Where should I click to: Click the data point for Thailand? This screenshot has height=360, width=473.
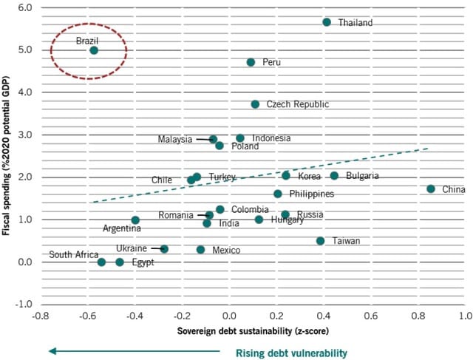[327, 22]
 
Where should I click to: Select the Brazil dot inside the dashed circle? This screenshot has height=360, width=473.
[94, 50]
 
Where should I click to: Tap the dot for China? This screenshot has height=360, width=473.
[431, 189]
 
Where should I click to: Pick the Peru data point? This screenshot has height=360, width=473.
[251, 62]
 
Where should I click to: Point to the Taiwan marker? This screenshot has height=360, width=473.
[320, 241]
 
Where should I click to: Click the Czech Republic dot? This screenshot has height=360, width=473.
[255, 104]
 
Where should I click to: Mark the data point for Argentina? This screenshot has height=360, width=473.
[135, 220]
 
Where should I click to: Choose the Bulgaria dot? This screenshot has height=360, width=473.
[334, 176]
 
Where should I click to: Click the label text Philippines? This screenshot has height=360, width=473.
[311, 194]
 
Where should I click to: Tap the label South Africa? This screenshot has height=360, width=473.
[72, 255]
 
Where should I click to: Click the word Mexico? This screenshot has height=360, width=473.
[225, 251]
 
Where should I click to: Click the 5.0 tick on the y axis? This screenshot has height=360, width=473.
[24, 50]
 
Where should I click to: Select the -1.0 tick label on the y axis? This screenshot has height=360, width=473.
[23, 305]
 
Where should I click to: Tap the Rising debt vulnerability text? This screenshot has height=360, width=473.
[290, 353]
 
